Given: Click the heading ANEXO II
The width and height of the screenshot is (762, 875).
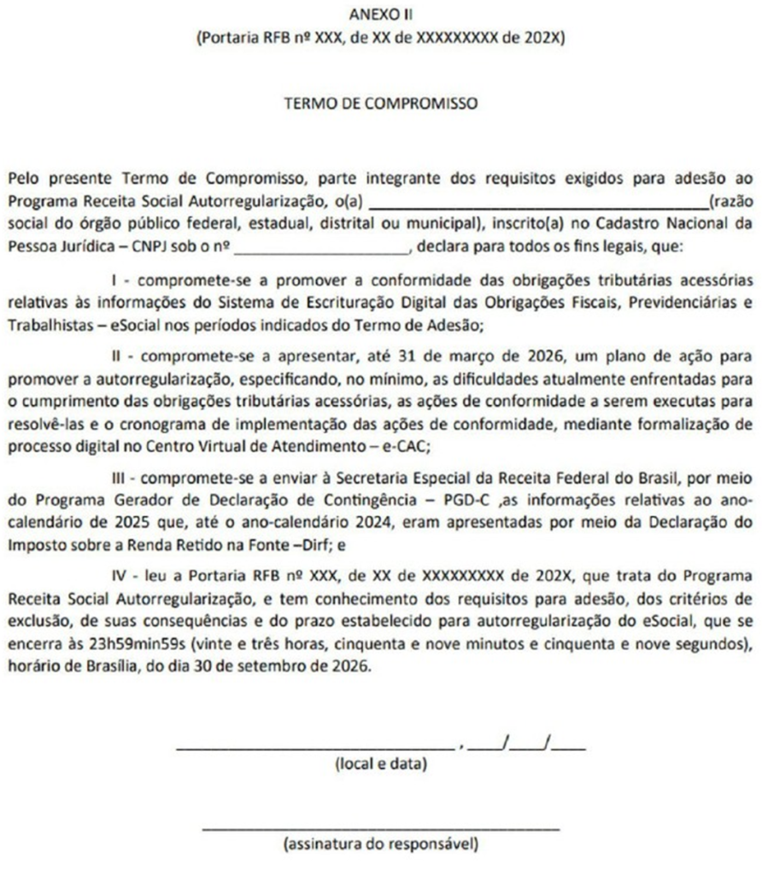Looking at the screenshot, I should coord(380,15).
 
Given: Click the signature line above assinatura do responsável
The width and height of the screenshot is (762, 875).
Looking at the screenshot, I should coord(381,828).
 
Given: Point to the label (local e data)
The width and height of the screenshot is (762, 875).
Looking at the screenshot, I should coord(381,763).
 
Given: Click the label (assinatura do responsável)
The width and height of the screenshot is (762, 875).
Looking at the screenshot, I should coord(381,845).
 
